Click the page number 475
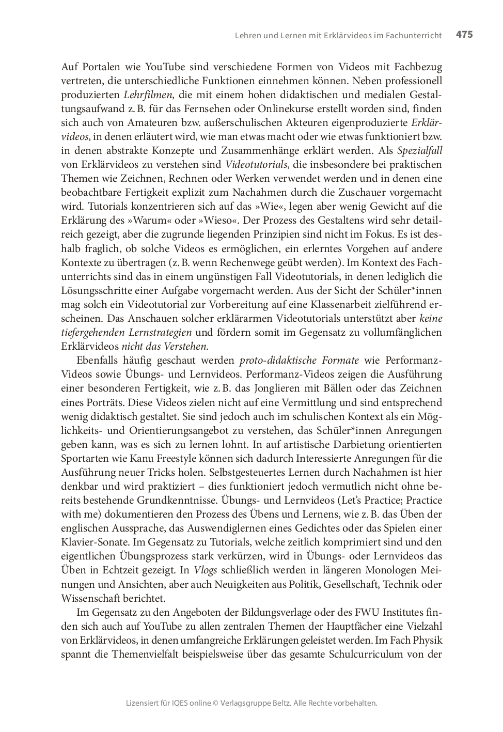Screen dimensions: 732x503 464,35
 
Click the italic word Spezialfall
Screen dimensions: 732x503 419,151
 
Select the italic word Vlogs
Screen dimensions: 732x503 205,570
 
